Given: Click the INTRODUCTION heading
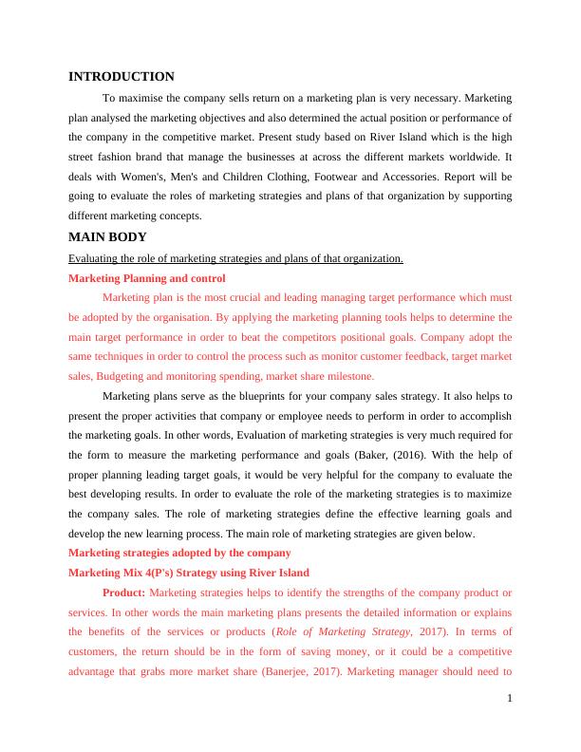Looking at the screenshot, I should [122, 77].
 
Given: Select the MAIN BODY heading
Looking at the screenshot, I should [107, 237].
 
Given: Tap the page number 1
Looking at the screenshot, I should [510, 700].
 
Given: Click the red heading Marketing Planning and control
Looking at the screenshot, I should [147, 278].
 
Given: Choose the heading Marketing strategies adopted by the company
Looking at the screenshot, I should [179, 553].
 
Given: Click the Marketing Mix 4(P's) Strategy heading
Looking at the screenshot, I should [190, 573].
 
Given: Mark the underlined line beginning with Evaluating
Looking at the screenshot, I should [236, 258].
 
